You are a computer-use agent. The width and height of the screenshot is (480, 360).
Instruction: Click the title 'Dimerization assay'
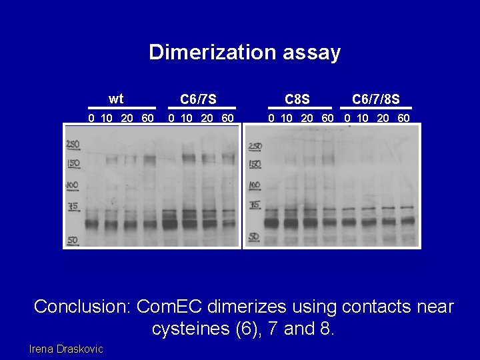245,52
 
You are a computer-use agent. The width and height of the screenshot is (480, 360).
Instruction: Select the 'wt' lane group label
116,99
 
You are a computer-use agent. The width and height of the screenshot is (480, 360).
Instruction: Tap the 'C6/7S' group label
198,100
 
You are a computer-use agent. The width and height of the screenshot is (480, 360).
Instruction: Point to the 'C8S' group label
297,100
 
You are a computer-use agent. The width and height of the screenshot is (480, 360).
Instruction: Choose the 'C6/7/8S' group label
376,100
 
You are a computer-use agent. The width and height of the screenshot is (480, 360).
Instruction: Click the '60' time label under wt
147,119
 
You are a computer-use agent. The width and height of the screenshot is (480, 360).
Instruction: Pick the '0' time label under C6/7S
171,119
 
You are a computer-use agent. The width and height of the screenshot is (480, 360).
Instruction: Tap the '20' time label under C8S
307,119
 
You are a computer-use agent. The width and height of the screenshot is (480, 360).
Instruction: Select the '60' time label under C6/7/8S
403,119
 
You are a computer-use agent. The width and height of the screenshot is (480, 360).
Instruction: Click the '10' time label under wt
106,119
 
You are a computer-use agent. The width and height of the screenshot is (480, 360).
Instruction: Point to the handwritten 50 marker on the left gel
73,239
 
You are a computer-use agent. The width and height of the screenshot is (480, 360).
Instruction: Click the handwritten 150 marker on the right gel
255,164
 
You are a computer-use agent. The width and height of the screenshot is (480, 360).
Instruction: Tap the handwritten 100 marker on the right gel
255,185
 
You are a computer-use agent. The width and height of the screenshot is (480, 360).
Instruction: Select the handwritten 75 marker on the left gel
73,207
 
